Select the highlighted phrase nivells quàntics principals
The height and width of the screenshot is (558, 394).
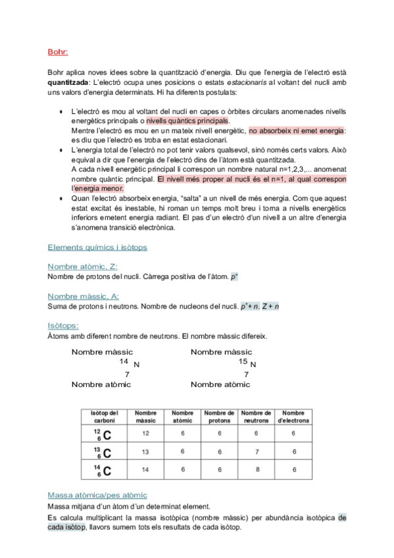[187, 122]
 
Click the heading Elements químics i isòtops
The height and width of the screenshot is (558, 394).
[97, 247]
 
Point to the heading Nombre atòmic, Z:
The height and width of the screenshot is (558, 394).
[82, 266]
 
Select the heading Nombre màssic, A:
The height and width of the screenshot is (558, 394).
[83, 297]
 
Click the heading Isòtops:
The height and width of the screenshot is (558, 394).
[63, 326]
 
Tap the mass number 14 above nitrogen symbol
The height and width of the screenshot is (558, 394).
[124, 362]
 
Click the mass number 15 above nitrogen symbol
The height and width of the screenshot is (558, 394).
[243, 362]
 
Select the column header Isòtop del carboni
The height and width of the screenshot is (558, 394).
[103, 417]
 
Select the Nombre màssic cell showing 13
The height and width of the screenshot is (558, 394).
[145, 452]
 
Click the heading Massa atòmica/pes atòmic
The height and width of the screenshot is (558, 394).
[97, 495]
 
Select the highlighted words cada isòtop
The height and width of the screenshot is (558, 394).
[66, 528]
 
